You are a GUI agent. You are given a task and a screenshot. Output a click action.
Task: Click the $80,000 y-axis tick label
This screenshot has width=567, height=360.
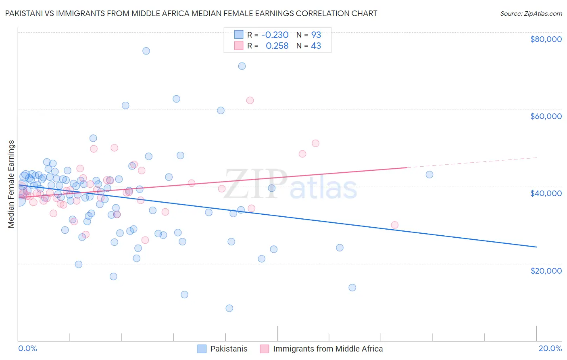[546, 39]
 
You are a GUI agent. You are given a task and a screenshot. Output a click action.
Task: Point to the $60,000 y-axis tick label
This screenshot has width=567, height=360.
[546, 116]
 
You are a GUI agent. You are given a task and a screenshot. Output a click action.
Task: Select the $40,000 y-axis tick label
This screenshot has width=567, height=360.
[546, 193]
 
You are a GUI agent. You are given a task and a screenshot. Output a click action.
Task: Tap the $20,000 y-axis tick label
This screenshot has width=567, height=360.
[546, 270]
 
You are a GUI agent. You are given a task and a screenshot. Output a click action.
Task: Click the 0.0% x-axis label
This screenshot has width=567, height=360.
[27, 348]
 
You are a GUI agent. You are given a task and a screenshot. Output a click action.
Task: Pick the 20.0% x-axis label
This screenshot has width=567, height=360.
[550, 348]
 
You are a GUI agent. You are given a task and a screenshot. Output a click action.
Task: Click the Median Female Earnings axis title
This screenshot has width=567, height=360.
[11, 184]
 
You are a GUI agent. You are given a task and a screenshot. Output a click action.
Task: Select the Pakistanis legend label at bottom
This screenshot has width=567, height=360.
[229, 349]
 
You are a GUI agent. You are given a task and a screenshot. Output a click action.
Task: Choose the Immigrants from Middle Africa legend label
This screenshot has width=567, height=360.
[328, 349]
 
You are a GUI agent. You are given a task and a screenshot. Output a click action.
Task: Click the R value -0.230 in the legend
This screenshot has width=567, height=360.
[275, 35]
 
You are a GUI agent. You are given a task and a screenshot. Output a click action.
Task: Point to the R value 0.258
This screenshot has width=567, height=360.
[277, 46]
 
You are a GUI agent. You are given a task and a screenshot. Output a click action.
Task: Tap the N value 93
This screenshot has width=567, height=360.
[316, 35]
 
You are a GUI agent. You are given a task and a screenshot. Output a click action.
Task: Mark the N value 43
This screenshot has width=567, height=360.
[316, 46]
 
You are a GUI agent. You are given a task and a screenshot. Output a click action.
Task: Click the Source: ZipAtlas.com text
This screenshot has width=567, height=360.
[531, 13]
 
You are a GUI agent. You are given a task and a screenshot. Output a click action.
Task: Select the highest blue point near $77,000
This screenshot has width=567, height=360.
[146, 51]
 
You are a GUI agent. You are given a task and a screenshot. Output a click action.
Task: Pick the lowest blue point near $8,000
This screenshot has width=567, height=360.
[229, 308]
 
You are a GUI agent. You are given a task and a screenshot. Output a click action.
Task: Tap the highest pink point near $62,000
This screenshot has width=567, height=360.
[250, 100]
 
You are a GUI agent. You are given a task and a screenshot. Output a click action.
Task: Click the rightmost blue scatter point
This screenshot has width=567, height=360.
[429, 175]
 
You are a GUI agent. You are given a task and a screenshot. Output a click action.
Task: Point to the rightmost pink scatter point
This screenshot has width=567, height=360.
[395, 225]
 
